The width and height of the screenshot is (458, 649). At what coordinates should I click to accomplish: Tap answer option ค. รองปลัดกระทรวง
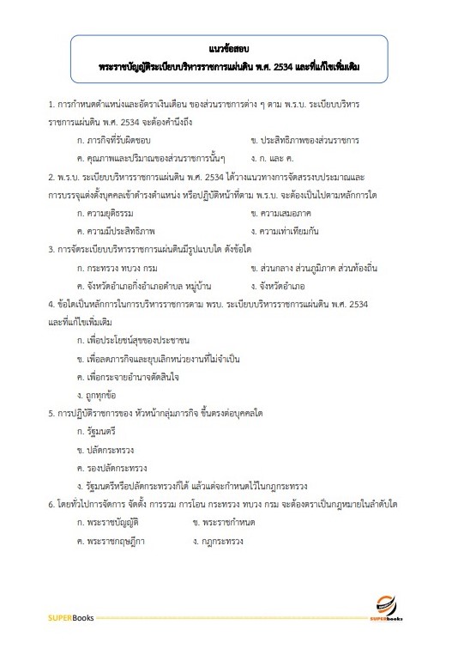[x=112, y=467]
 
